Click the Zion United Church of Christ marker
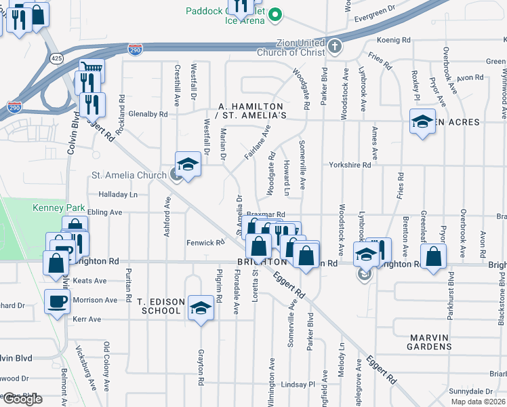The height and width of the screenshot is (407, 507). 333,47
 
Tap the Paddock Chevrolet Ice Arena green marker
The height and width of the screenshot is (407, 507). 275,14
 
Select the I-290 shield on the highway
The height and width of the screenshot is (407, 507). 136,50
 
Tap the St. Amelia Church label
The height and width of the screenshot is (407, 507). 129,176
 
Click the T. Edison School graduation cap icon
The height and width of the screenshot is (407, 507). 200,307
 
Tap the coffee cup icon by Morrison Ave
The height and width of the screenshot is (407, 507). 57,301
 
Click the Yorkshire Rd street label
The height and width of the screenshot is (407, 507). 350,165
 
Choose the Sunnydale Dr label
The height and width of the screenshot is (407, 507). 470,391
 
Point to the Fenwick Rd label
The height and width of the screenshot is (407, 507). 205,242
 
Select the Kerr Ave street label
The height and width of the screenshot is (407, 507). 86,319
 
